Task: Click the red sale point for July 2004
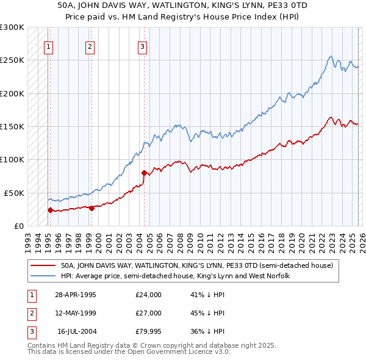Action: (144, 173)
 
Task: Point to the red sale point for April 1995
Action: (50, 210)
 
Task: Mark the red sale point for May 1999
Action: (91, 208)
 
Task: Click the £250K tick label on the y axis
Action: (12, 60)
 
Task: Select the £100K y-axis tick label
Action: (12, 159)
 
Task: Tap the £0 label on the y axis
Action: (18, 226)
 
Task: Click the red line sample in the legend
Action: (43, 265)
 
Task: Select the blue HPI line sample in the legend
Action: (43, 276)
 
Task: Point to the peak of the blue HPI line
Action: (330, 57)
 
